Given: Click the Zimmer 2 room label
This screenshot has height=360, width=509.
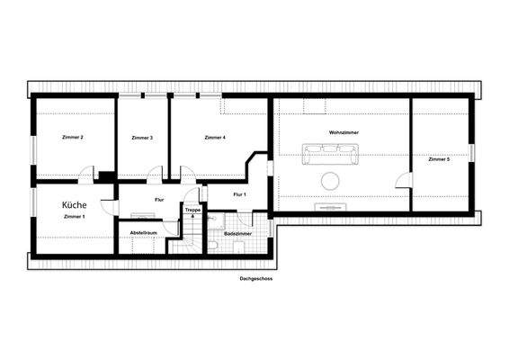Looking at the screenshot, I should coord(73,138).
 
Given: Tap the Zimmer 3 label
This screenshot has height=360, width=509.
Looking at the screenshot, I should coord(141,138).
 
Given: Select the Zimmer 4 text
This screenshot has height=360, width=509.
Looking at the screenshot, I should coord(215,138).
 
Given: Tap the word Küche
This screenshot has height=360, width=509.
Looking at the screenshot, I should coord(75,205).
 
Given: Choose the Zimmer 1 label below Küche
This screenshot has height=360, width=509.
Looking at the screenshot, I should coord(75,217).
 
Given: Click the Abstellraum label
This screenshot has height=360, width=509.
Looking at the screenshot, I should coord(144,232).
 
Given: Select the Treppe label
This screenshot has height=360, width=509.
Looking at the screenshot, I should coord(192,210).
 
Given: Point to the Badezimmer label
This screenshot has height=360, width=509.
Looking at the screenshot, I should coord(237,233).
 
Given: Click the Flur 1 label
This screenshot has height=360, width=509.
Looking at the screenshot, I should coord(239,194).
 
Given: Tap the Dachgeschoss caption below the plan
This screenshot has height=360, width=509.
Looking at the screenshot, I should coord(256,279).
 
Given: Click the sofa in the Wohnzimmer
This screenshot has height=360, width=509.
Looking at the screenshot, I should coord(329,156).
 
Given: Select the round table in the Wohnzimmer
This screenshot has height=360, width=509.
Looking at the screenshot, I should coord(330,179).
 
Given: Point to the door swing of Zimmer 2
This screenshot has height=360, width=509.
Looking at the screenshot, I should coord(85,175).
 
